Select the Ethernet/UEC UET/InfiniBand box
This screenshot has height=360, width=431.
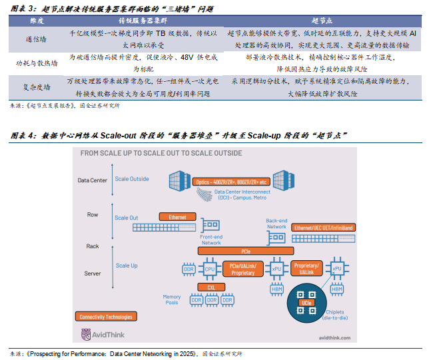[x=324, y=228]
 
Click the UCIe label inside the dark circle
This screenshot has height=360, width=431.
[x=306, y=303]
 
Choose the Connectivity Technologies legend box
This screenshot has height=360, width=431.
[x=107, y=317]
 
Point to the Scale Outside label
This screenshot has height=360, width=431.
[x=131, y=179]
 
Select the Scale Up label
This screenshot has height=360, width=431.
[x=127, y=266]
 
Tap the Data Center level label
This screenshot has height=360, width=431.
[x=93, y=180]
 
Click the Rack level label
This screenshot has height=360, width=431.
[x=93, y=246]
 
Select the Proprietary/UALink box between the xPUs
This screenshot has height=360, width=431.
[x=306, y=269]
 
